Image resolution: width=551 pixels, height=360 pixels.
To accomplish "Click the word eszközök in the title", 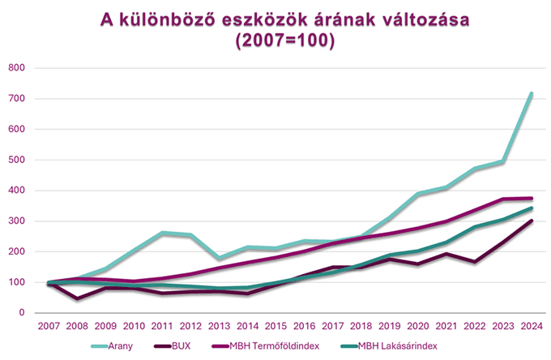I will point(253,20).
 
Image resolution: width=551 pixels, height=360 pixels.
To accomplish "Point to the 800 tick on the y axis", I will point(16,67).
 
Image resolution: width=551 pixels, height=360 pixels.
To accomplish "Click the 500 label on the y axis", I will point(16,160).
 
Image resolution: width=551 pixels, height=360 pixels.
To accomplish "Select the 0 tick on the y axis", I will point(22,313).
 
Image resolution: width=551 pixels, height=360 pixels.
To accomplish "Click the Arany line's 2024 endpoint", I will point(532,94).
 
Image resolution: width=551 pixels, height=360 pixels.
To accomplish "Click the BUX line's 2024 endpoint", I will point(532,221).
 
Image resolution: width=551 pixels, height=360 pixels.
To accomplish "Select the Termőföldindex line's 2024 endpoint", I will point(532,198).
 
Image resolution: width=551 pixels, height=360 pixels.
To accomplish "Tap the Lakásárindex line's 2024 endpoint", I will point(532,208).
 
